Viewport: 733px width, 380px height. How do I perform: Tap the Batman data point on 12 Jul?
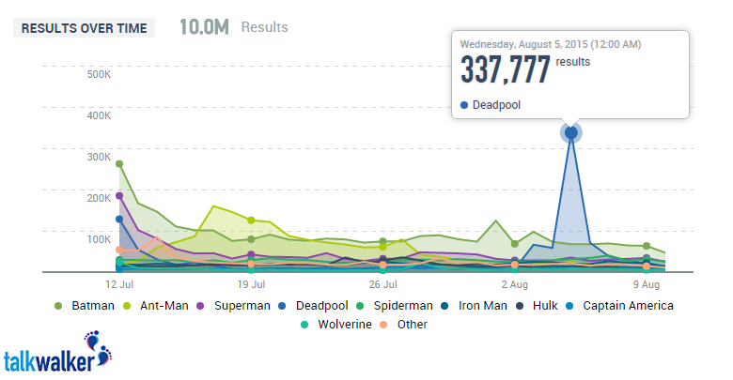coord(119,164)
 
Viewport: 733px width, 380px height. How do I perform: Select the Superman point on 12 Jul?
coord(119,196)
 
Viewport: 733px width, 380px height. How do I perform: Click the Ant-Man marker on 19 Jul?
coord(251,220)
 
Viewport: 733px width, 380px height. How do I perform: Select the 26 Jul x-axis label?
coord(382,283)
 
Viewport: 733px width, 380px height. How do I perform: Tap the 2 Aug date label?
coord(514,283)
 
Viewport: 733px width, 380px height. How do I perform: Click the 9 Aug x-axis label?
coord(646,283)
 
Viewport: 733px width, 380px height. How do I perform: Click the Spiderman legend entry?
coord(401,305)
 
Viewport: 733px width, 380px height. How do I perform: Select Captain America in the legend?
coord(627,305)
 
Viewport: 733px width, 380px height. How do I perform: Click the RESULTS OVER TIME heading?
coord(84,28)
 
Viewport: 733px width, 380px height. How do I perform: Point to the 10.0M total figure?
coord(203,27)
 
